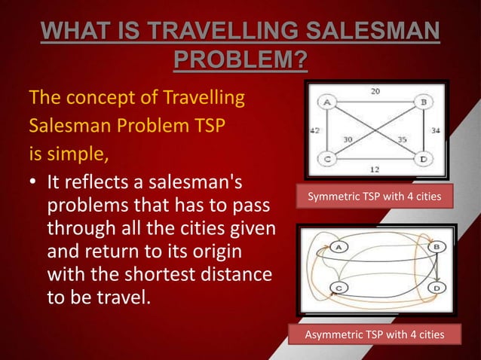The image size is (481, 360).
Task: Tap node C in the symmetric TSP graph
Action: (329, 159)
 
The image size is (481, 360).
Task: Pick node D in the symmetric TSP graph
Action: (424, 159)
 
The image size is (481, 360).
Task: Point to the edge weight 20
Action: (375, 90)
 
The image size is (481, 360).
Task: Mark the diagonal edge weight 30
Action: (350, 139)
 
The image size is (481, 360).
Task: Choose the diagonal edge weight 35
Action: (403, 139)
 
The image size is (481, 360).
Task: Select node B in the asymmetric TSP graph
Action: (435, 247)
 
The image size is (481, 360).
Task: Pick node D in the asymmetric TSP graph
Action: (435, 288)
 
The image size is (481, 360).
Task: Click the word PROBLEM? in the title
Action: (240, 58)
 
